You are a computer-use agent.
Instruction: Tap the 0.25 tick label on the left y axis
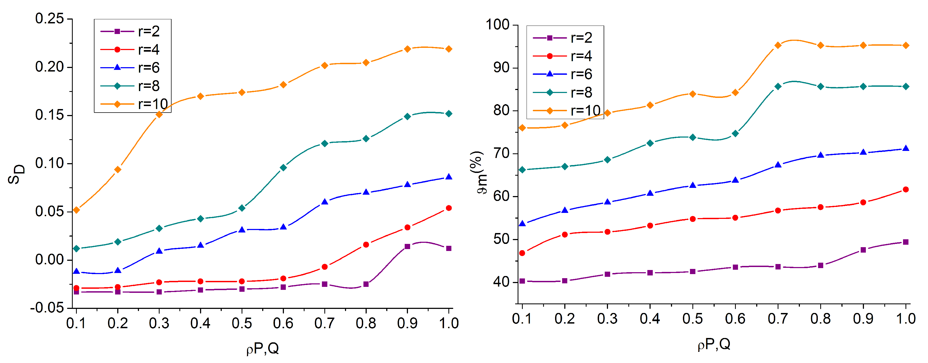(49, 19)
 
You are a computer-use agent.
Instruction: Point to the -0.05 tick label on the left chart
(47, 308)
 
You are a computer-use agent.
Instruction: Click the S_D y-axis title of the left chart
(16, 174)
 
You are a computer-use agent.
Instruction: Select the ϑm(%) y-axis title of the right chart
(478, 172)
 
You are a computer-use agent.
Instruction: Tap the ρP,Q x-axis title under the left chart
(262, 349)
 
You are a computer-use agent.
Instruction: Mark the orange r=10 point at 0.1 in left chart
(76, 210)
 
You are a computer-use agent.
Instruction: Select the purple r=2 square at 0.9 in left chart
(407, 246)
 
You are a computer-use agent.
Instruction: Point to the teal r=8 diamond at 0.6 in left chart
(283, 167)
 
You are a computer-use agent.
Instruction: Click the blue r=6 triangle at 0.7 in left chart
(325, 202)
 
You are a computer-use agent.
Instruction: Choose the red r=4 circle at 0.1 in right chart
(522, 253)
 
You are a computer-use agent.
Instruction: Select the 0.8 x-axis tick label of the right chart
(820, 319)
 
